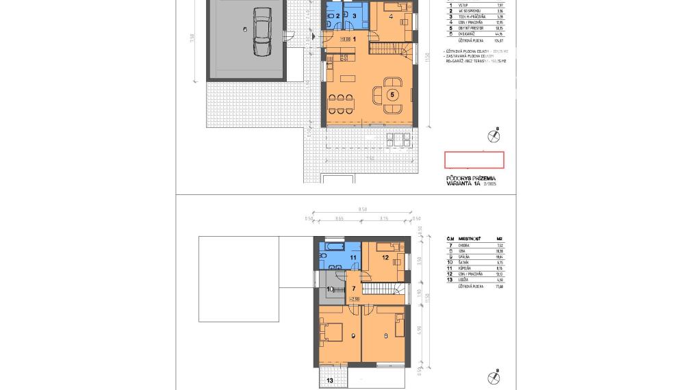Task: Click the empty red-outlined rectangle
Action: pos(474,160)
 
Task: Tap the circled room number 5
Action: pos(392,95)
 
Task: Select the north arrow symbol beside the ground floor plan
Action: pos(494,135)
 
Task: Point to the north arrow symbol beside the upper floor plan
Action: pos(494,377)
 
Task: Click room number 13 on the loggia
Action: pos(329,380)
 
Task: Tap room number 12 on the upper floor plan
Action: pos(385,258)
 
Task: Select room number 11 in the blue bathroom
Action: pos(353,258)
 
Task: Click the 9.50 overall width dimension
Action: pos(362,209)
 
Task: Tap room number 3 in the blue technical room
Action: pos(355,15)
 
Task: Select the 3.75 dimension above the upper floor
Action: pos(384,218)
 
